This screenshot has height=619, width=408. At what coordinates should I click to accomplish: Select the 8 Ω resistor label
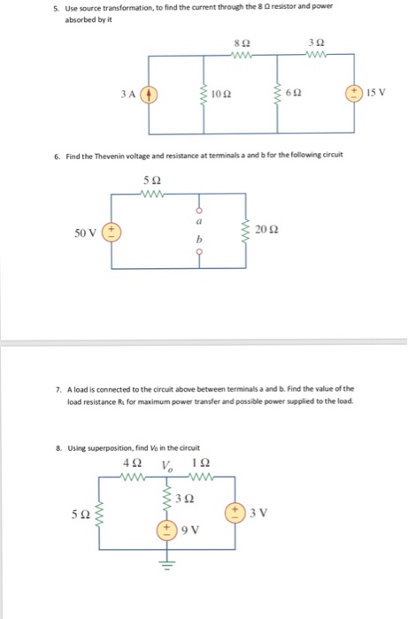coord(237,42)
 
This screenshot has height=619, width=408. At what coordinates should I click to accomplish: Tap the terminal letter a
coord(198,224)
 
